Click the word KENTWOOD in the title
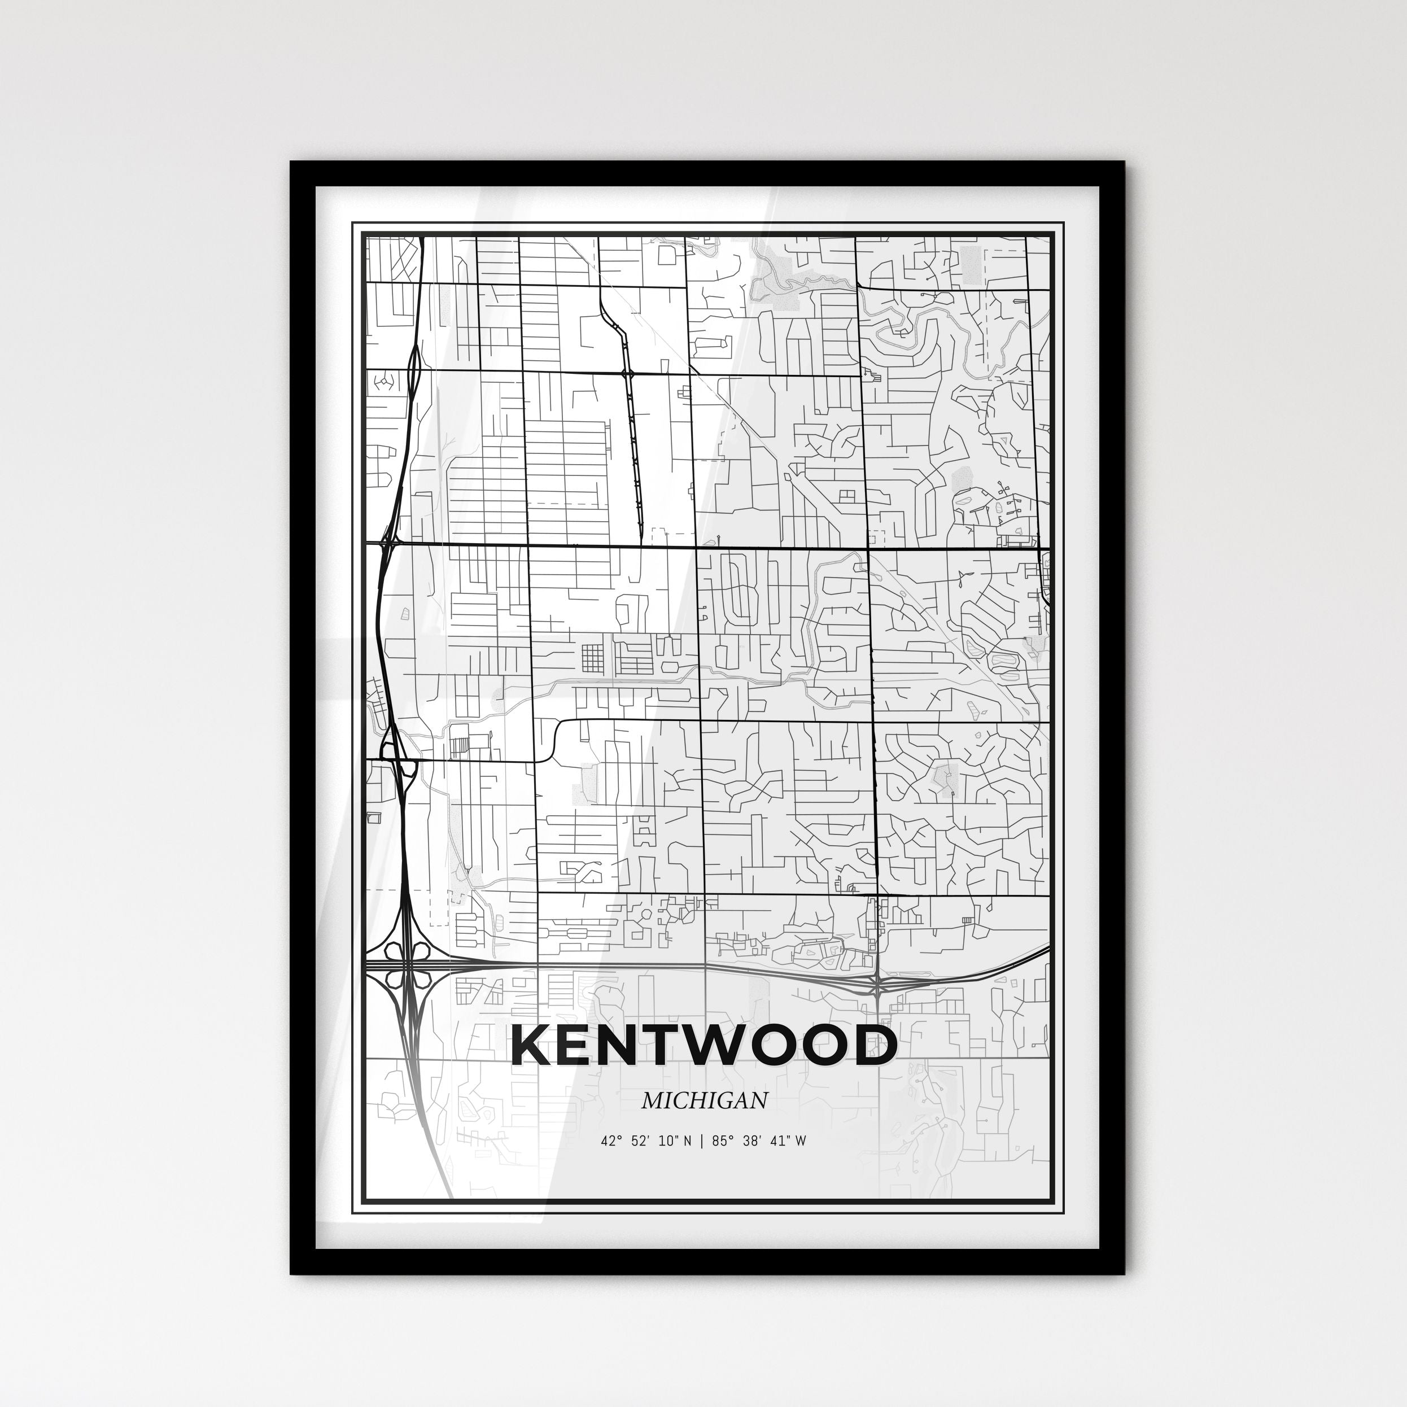[x=703, y=1047]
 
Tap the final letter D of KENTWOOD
[x=874, y=1047]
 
